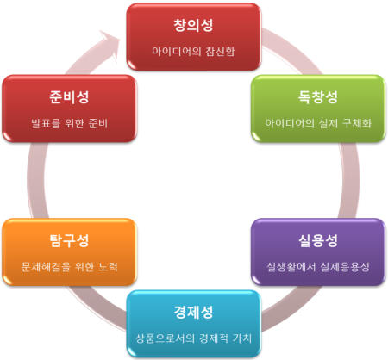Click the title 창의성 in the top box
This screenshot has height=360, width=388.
point(193,25)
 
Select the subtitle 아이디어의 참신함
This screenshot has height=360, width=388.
point(193,52)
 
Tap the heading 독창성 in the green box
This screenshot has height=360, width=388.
point(318,96)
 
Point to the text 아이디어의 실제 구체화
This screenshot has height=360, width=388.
point(318,123)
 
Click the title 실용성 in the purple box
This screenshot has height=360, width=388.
point(318,240)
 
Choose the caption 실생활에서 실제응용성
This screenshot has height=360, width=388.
point(318,267)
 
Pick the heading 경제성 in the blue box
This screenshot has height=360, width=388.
point(193,312)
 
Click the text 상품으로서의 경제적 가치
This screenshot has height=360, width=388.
point(193,338)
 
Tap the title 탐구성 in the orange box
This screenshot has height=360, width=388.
point(69,240)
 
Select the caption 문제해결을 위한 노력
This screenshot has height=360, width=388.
point(69,267)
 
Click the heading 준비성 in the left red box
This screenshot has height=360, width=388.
point(69,96)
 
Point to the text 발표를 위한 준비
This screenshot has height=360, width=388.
point(69,123)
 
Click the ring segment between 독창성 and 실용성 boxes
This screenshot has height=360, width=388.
point(349,180)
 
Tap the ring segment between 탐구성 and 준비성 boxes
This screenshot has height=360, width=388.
point(37,180)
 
